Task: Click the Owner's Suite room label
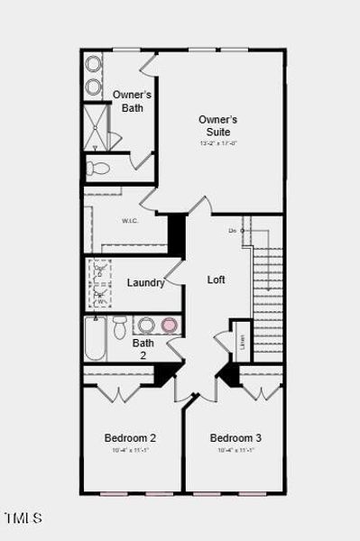[217, 125]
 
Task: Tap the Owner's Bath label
[132, 101]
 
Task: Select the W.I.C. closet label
[129, 221]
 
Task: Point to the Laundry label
[145, 282]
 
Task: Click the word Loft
[217, 280]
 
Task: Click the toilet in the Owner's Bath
[98, 167]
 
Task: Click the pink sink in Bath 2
[169, 325]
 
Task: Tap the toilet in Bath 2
[120, 328]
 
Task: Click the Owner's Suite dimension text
[217, 142]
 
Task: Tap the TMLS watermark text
[23, 518]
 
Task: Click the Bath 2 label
[143, 349]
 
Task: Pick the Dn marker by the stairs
[233, 231]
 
